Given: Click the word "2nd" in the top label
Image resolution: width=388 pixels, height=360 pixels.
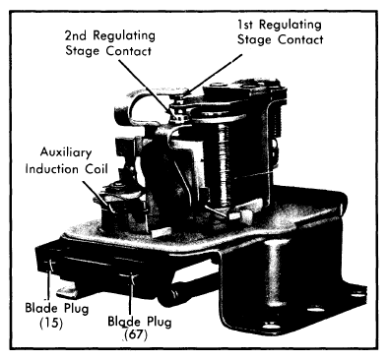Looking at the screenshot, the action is pyautogui.click(x=77, y=34).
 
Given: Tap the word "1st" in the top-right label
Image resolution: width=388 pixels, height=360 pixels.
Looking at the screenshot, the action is pyautogui.click(x=247, y=25).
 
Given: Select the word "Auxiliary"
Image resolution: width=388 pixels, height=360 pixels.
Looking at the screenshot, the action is pyautogui.click(x=66, y=153).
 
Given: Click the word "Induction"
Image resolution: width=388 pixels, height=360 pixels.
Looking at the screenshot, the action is pyautogui.click(x=52, y=169).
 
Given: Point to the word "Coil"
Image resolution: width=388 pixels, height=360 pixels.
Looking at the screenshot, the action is pyautogui.click(x=97, y=169).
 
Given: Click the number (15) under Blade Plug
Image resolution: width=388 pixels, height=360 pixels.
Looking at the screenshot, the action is pyautogui.click(x=51, y=324).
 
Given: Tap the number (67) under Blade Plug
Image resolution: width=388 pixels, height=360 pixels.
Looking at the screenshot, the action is pyautogui.click(x=136, y=335).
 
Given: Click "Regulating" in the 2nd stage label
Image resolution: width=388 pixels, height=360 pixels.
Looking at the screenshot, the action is pyautogui.click(x=124, y=35).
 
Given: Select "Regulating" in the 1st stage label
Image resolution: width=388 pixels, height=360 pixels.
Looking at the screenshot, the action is pyautogui.click(x=291, y=26).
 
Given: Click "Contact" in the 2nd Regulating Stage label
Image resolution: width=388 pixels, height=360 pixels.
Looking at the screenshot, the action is pyautogui.click(x=129, y=51).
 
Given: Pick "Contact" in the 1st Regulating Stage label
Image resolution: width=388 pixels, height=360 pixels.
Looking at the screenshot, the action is pyautogui.click(x=300, y=40).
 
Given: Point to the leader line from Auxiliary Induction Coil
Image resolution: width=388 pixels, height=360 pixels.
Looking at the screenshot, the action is pyautogui.click(x=97, y=196).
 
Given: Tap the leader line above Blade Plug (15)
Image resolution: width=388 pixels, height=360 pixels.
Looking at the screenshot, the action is pyautogui.click(x=48, y=281).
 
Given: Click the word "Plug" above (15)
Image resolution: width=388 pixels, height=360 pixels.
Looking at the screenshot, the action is pyautogui.click(x=76, y=310).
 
